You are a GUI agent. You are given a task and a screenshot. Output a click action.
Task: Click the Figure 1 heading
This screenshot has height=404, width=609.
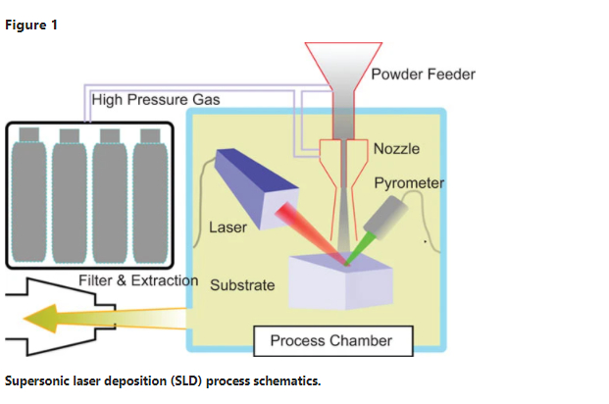31,25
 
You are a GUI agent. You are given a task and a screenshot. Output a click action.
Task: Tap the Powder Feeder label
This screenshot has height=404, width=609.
423,75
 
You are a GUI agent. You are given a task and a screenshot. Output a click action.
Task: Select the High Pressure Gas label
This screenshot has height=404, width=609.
156,100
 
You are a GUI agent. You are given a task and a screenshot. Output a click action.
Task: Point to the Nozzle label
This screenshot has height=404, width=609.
396,149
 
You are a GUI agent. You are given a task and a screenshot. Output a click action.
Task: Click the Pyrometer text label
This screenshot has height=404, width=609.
409,183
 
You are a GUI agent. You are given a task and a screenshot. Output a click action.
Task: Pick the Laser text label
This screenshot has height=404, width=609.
228,227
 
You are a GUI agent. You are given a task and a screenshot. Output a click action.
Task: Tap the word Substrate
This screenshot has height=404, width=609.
242,285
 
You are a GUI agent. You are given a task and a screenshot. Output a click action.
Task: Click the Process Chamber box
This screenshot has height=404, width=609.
333,340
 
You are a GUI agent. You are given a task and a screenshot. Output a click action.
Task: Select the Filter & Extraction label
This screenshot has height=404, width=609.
138,280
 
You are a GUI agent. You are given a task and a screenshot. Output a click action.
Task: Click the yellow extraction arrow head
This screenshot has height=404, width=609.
41,319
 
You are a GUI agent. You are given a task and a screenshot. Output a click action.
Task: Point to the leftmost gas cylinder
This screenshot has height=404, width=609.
29,195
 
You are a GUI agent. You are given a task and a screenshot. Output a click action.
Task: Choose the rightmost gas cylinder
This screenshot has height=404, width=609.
150,195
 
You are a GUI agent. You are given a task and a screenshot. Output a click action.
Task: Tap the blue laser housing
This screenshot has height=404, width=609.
257,188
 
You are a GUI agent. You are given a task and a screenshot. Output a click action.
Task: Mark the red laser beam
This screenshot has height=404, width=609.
311,233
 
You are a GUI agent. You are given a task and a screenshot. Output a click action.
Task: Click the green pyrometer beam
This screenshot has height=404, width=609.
360,248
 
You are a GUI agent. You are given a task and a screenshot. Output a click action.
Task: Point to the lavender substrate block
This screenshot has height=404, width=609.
340,281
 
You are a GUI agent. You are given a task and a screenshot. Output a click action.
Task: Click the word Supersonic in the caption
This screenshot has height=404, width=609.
36,381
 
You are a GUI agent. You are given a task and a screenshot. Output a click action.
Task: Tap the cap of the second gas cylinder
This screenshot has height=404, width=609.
70,136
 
